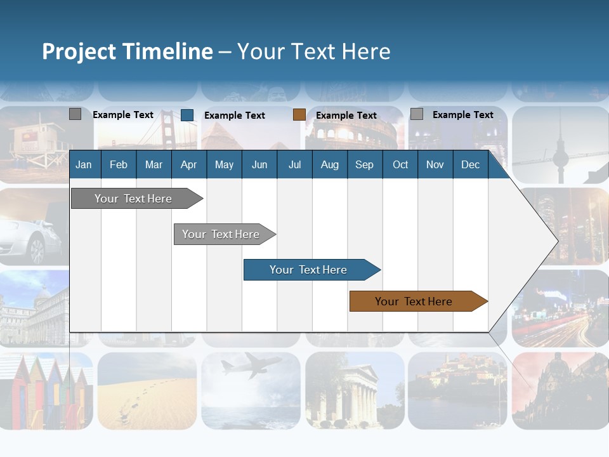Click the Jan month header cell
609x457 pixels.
(x=84, y=164)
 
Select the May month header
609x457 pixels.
(x=224, y=164)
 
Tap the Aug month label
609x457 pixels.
(x=329, y=164)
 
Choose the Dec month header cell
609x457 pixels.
(x=470, y=164)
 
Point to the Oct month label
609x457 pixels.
(x=400, y=164)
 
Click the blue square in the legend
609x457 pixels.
(x=187, y=115)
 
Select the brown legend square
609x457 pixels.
(x=299, y=115)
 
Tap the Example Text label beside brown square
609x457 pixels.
(x=346, y=115)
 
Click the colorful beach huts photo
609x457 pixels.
(x=44, y=390)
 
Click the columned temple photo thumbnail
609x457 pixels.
(x=354, y=390)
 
